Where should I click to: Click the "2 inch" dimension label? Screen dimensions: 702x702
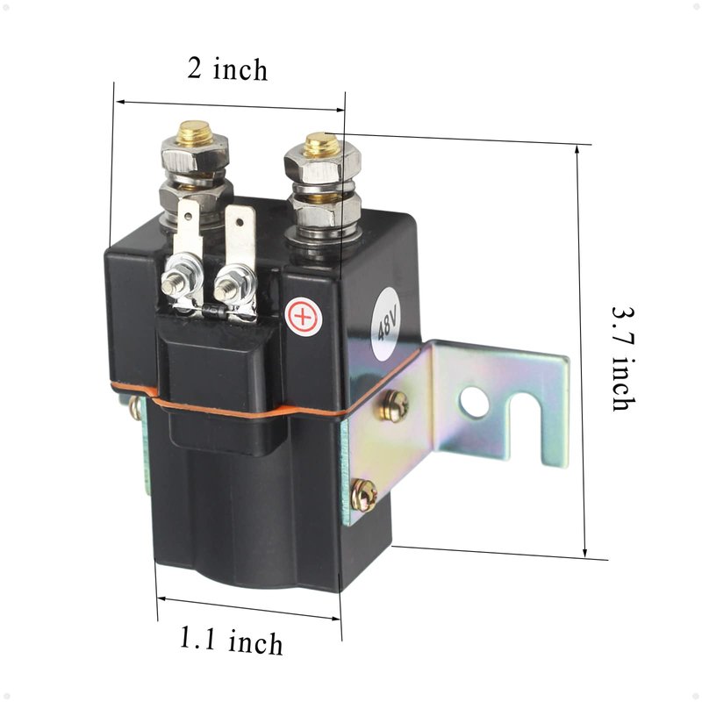(x=227, y=69)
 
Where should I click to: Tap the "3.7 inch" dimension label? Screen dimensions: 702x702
(x=624, y=359)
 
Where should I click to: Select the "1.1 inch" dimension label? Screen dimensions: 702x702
(x=231, y=641)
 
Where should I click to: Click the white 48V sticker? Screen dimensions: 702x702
(x=388, y=322)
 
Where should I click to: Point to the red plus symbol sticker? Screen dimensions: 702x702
(x=304, y=318)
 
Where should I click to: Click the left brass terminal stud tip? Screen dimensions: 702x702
(x=194, y=133)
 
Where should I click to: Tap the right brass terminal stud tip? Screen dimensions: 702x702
(x=321, y=144)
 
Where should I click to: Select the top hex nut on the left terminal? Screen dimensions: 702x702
(x=195, y=154)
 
